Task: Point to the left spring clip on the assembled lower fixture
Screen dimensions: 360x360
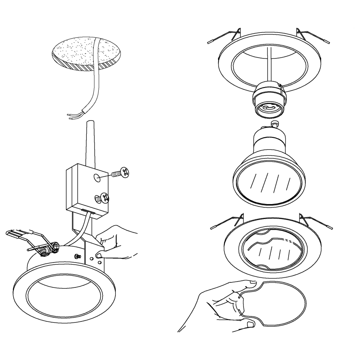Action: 230,222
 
